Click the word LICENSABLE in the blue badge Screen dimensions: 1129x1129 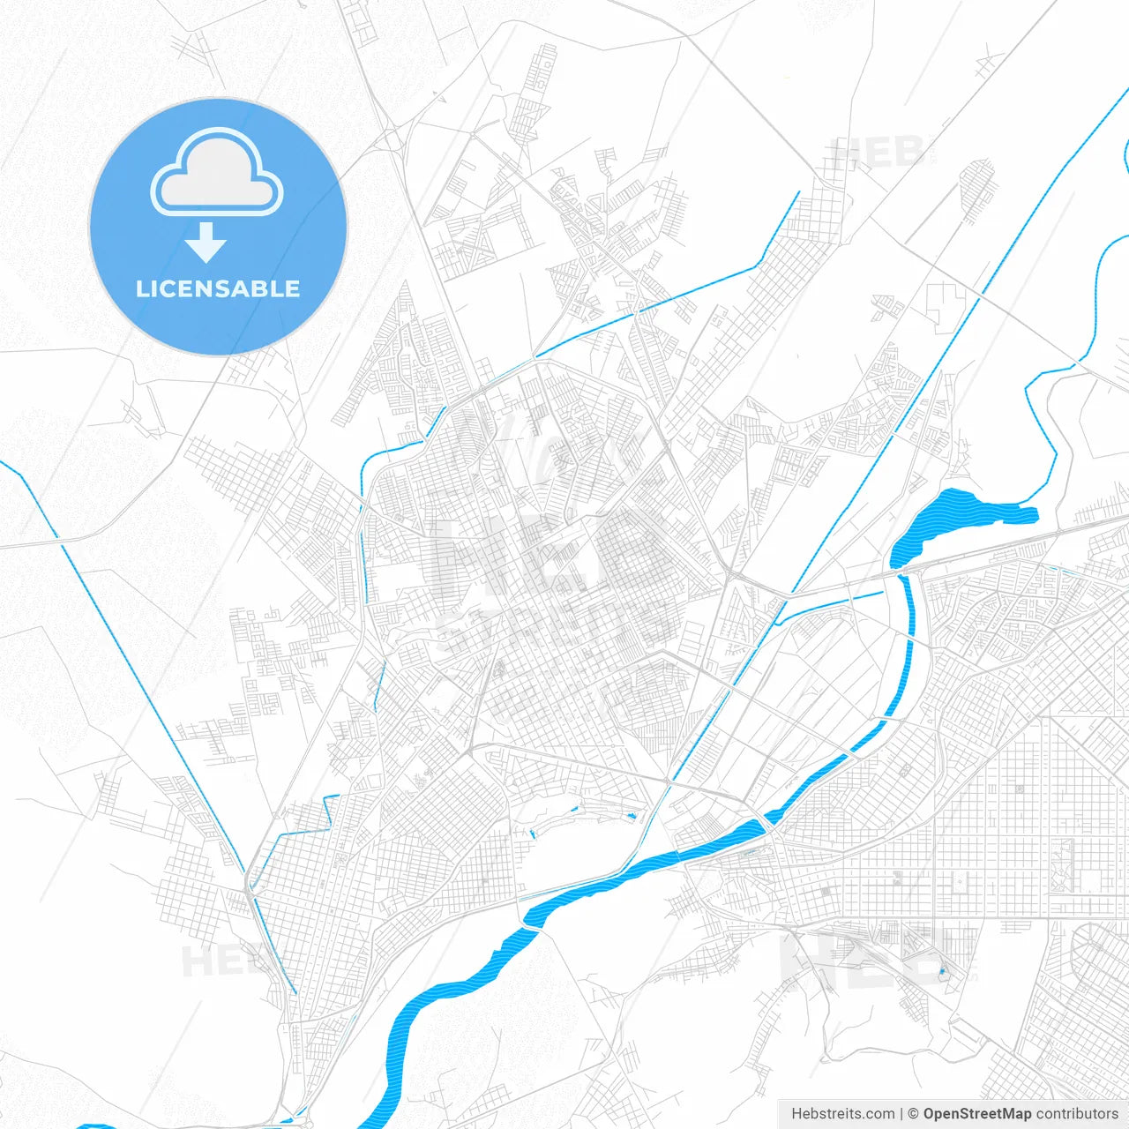218,289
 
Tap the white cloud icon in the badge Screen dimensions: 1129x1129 217,174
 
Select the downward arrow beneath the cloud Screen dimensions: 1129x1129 206,243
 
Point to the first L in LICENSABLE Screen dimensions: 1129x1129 141,289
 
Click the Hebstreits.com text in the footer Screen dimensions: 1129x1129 842,1114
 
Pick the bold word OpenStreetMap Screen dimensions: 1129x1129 977,1114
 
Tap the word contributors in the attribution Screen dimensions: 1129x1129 1077,1114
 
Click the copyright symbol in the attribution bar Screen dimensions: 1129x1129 913,1114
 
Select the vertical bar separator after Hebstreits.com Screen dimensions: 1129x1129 901,1114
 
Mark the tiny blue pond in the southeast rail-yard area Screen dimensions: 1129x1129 942,972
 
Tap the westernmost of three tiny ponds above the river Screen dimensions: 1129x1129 534,834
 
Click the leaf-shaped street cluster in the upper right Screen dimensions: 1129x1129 976,190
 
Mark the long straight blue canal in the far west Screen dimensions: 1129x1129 141,662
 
